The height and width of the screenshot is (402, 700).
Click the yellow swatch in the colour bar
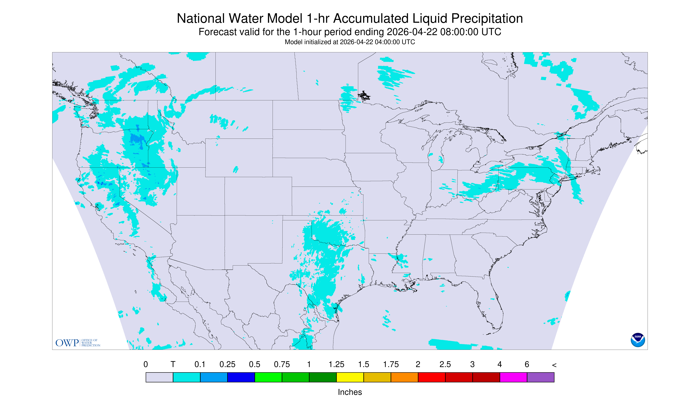[x=350, y=377]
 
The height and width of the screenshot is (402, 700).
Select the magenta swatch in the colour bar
[x=513, y=377]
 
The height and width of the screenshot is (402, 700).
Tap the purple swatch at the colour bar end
[x=540, y=377]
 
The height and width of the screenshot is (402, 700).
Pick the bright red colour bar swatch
[x=432, y=377]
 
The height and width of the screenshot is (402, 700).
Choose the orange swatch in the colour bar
[x=404, y=377]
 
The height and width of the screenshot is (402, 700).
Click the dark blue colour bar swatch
[x=241, y=377]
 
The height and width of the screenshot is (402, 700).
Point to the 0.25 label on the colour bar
[x=227, y=364]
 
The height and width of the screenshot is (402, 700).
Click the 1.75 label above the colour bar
[x=391, y=364]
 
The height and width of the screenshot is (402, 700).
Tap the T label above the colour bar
[x=173, y=364]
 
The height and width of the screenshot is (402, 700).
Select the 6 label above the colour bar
[x=527, y=364]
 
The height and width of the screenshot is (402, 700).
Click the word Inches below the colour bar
[x=350, y=392]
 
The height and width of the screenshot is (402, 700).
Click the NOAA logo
[x=638, y=340]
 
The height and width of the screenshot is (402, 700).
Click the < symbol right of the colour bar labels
[x=554, y=365]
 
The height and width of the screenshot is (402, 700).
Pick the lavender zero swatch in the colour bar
[x=160, y=377]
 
